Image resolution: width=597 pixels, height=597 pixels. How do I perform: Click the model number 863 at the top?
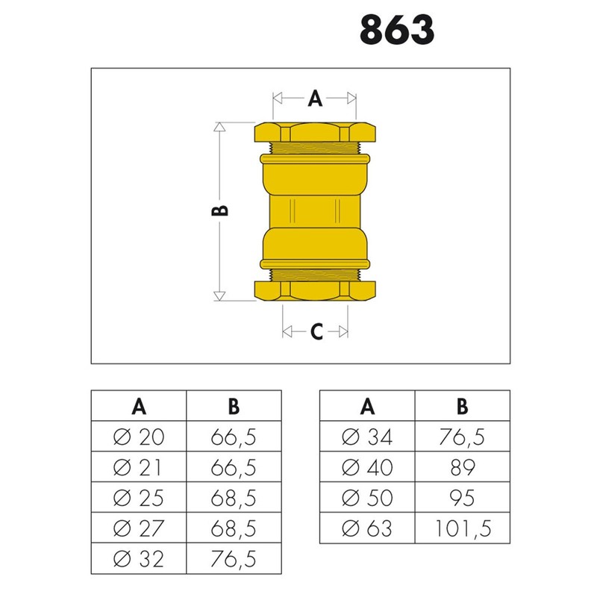pos(396,31)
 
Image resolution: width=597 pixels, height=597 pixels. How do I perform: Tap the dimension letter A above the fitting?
pos(315,98)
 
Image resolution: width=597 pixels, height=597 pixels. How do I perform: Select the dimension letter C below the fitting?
pos(316,333)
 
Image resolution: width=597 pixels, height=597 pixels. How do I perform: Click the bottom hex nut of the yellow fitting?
pos(315,290)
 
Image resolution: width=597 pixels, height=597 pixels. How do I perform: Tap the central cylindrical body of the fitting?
pos(315,211)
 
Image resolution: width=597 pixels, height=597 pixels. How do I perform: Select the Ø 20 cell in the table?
pos(139,437)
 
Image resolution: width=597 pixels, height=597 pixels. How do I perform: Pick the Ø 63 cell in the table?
pos(367,529)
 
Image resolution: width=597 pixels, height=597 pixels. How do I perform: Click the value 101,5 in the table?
pos(463,529)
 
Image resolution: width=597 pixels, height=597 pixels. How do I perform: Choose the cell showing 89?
pos(463,467)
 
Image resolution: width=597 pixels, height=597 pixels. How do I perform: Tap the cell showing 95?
pos(463,498)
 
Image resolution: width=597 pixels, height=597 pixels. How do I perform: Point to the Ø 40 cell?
pos(367,467)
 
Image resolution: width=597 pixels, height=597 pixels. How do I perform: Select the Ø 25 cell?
pos(139,498)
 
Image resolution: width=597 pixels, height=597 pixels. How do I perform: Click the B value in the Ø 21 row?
pos(234,467)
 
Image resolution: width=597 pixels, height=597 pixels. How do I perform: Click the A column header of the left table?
pos(139,406)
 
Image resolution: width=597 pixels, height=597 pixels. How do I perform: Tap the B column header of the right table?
pos(463,406)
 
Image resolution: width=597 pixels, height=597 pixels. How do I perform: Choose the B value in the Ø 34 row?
pos(463,437)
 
